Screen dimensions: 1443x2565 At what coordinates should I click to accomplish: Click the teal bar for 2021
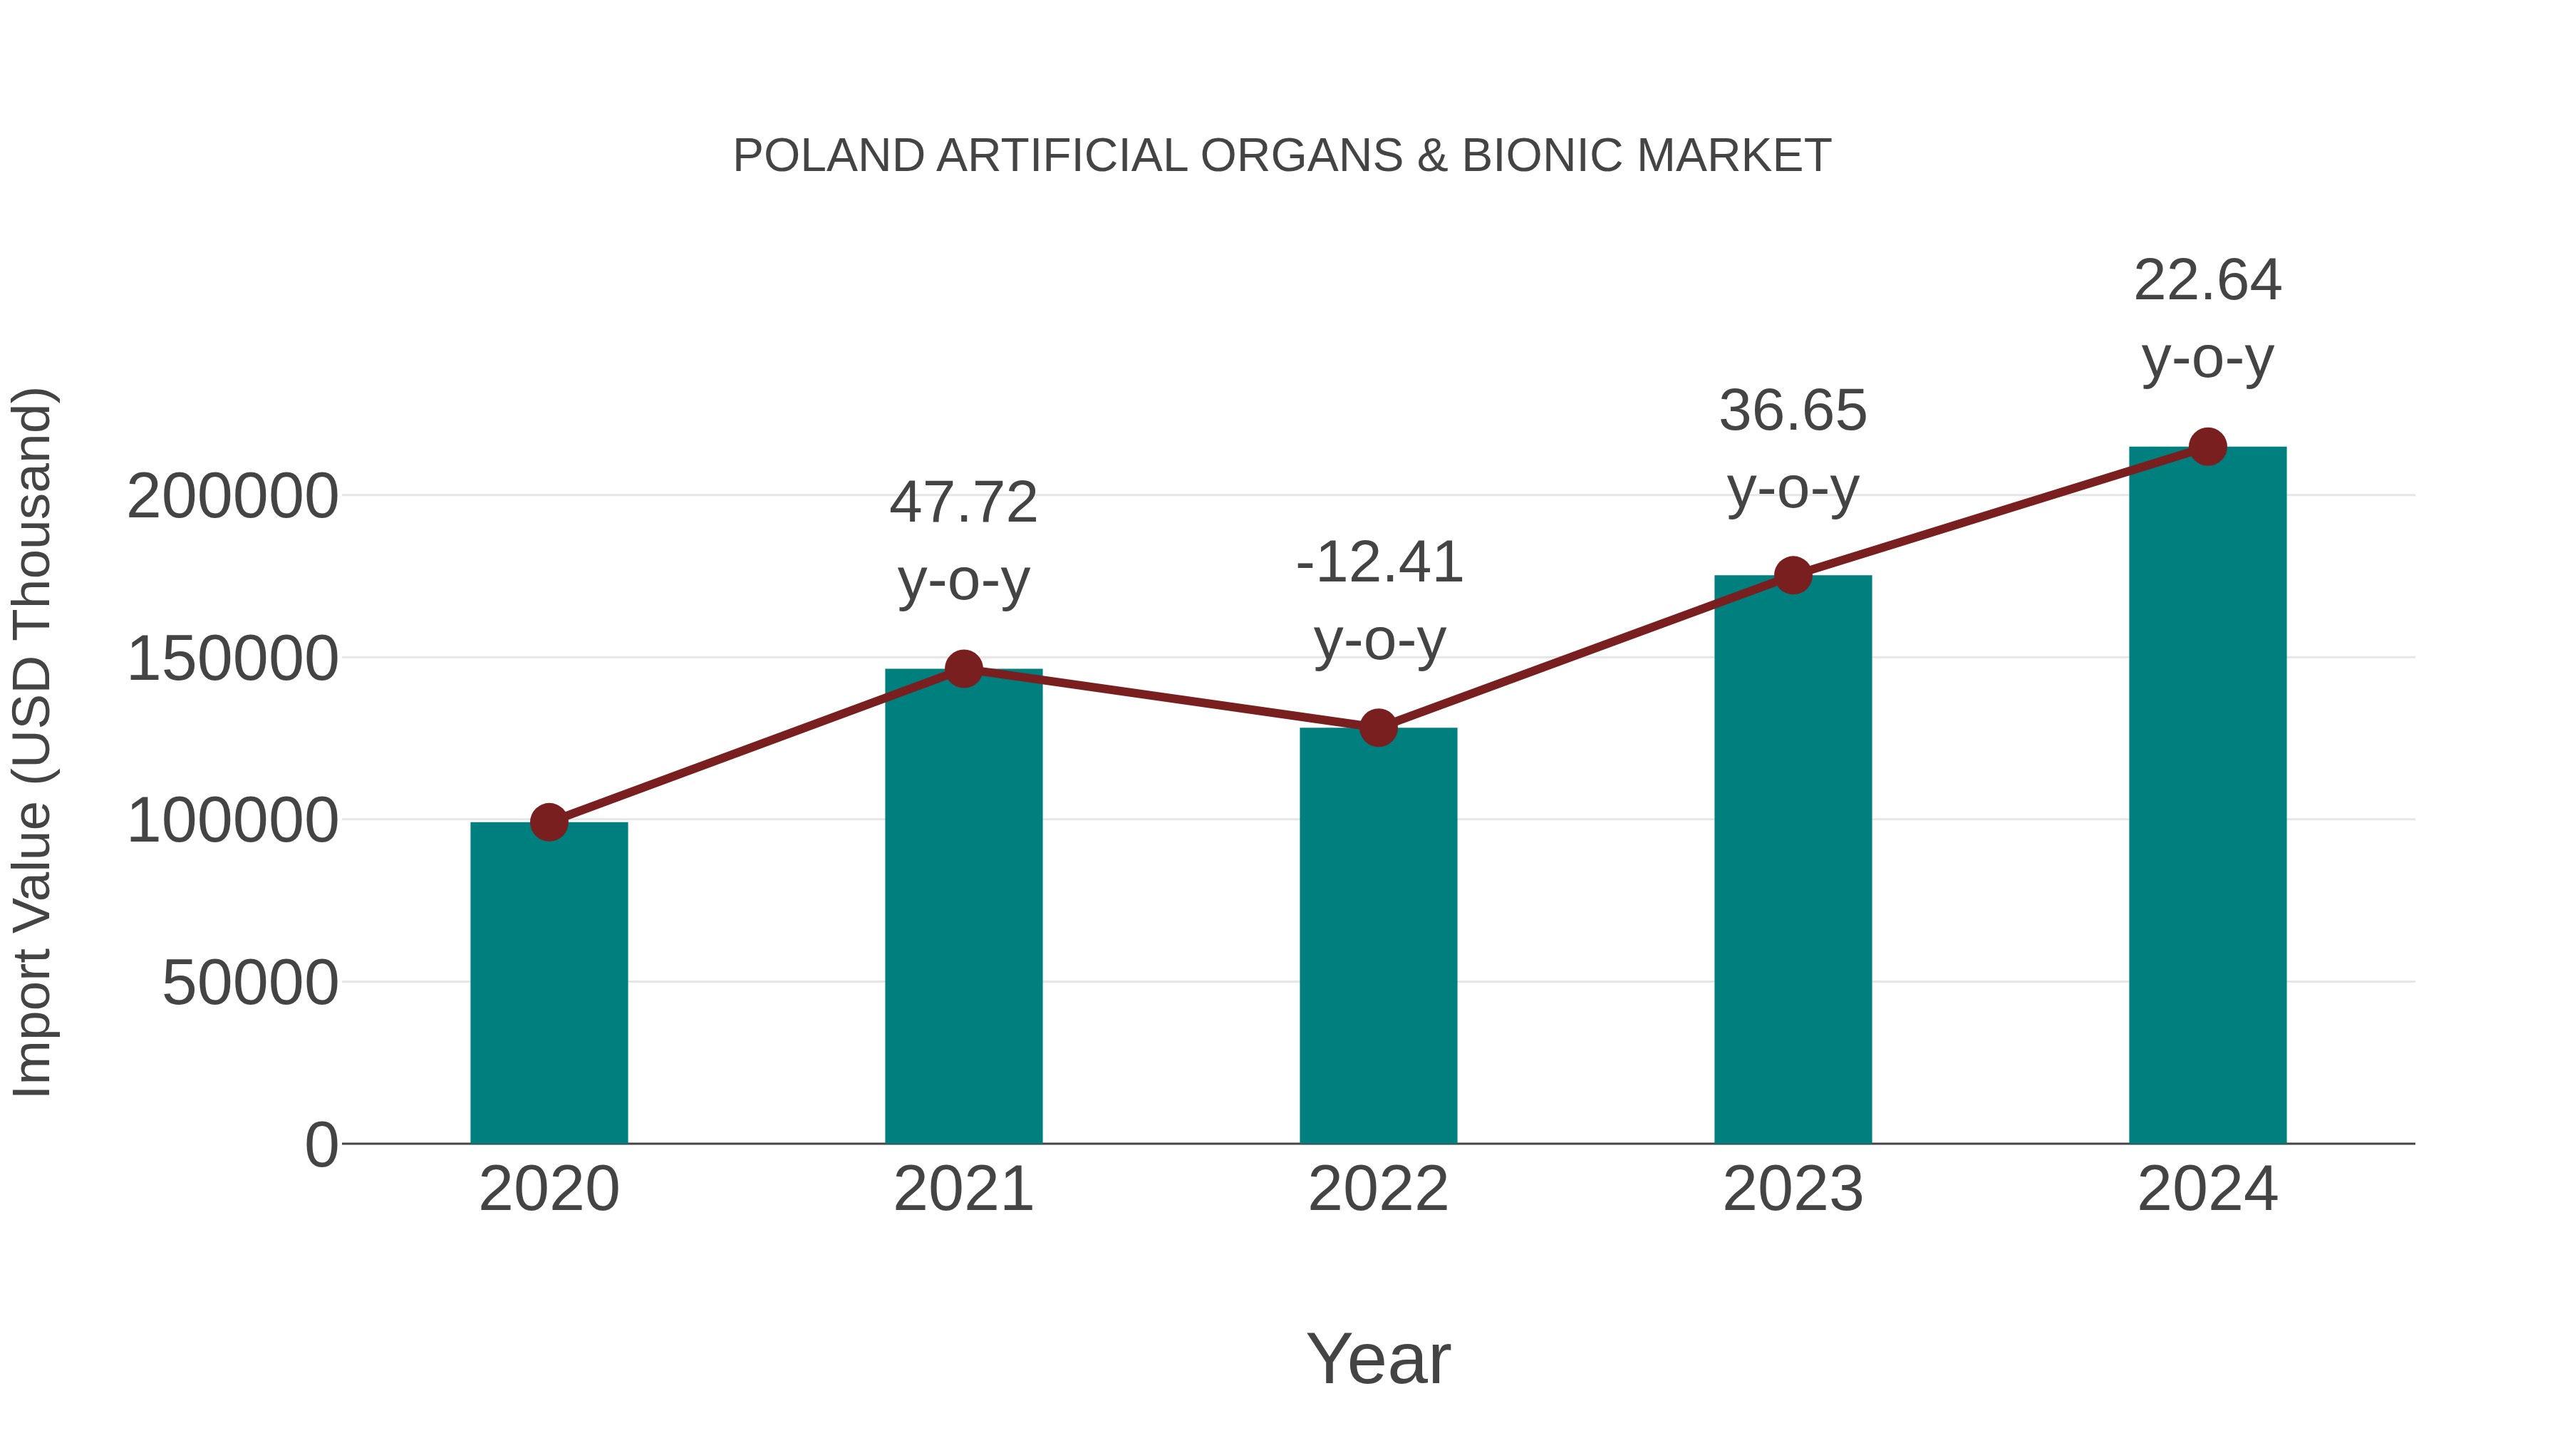click(963, 906)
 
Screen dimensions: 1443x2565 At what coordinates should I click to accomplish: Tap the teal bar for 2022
click(1378, 936)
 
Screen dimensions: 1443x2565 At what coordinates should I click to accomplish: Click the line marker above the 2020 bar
click(549, 822)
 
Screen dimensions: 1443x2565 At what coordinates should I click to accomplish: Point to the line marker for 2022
click(1378, 728)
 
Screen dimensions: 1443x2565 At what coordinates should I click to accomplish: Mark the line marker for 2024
click(2207, 447)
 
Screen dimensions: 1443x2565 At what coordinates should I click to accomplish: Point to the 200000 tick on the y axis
click(233, 497)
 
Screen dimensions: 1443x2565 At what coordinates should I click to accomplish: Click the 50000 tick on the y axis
click(250, 984)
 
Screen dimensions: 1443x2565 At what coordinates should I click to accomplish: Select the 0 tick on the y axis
click(321, 1145)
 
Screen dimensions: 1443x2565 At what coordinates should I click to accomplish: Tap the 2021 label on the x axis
click(963, 1189)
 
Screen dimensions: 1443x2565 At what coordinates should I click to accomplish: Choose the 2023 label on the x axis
click(1793, 1189)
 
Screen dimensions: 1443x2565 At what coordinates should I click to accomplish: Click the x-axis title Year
click(1378, 1358)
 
